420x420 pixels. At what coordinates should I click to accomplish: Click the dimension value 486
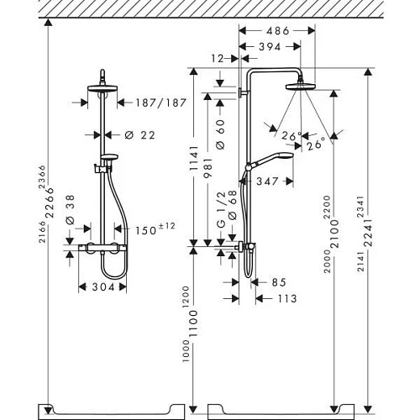277,31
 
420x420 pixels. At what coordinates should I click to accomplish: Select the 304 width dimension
102,287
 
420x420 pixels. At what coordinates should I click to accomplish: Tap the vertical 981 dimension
207,168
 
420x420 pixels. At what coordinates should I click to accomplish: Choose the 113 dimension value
286,297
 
